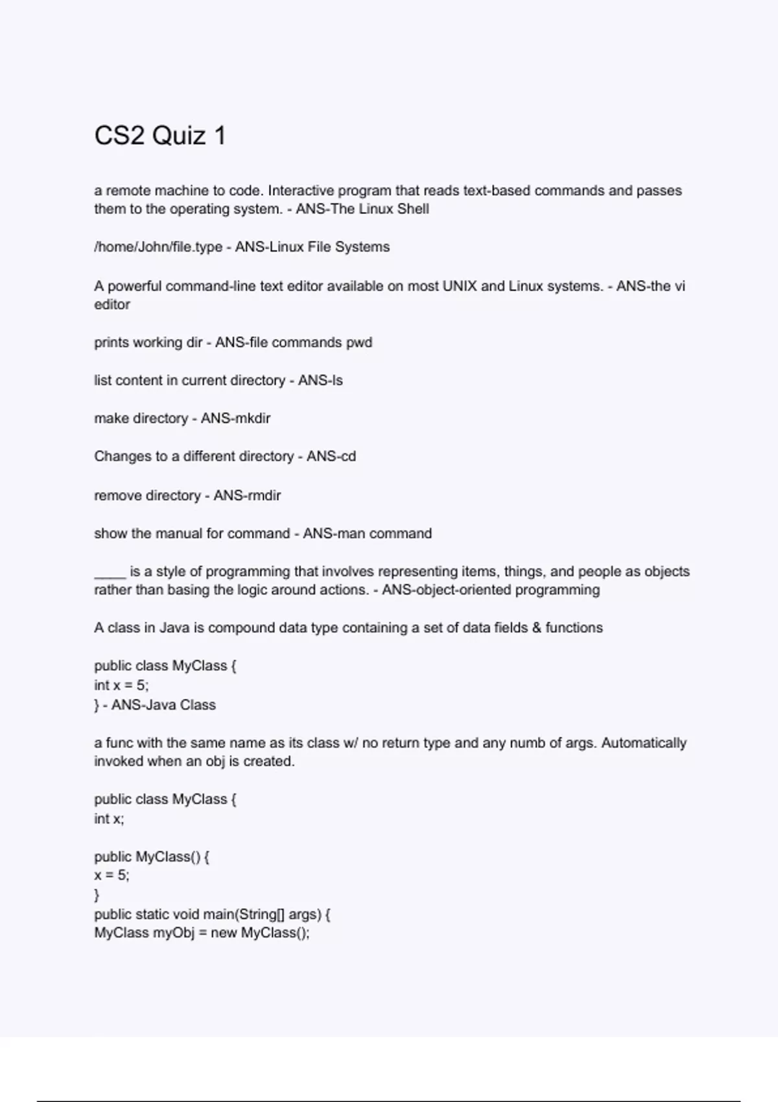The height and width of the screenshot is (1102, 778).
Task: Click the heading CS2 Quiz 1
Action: coord(160,136)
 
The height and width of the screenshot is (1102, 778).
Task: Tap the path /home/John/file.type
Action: coord(158,247)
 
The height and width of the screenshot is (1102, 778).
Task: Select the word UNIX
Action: coord(460,287)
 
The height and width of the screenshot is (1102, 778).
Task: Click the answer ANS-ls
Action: coord(320,381)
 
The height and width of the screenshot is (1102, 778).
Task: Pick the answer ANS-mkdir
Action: coord(235,419)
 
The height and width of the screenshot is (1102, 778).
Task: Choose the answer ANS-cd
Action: coord(331,456)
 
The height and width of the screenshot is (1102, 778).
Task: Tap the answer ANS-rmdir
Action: coord(247,496)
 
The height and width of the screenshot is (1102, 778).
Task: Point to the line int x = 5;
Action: coord(121,685)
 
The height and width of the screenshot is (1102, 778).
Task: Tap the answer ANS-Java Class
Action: coord(163,705)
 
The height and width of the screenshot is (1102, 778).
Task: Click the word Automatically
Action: coord(644,743)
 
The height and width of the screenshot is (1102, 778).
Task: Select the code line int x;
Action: coord(109,819)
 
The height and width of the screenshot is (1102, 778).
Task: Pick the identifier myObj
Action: coord(174,933)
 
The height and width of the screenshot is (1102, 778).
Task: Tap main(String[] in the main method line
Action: coord(244,915)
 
